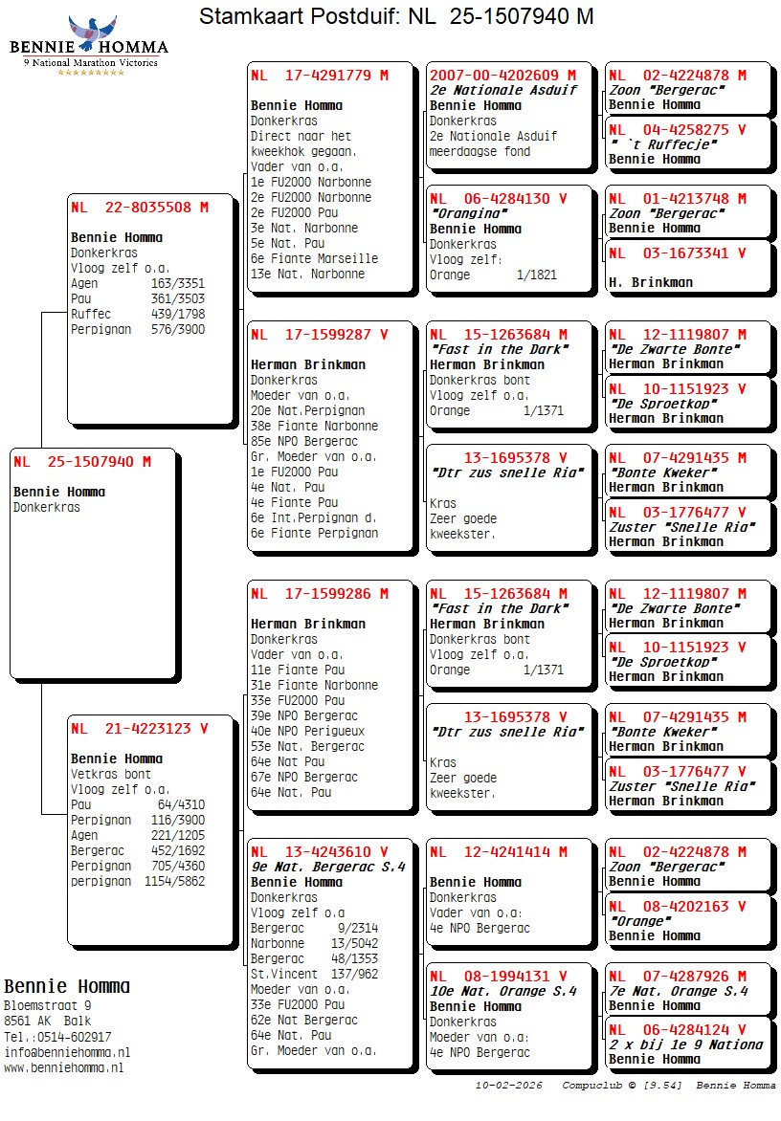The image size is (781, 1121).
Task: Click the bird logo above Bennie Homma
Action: click(91, 33)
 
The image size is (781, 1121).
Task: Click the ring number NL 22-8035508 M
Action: click(139, 207)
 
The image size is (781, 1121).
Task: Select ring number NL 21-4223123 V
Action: click(139, 729)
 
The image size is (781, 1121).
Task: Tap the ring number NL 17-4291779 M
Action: click(319, 76)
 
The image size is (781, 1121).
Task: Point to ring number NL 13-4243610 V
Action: click(319, 852)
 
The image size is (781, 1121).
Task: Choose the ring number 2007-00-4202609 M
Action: click(502, 76)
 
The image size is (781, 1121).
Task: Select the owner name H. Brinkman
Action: click(650, 282)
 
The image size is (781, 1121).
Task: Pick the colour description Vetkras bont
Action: click(110, 774)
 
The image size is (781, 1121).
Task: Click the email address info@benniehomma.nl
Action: click(67, 1052)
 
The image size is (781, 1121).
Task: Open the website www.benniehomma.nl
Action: click(63, 1067)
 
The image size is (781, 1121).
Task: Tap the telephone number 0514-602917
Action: click(71, 1037)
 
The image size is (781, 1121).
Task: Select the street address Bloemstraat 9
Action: click(48, 1006)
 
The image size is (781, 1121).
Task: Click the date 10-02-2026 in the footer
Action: click(508, 1086)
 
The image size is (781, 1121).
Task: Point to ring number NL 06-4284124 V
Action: click(677, 1030)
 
